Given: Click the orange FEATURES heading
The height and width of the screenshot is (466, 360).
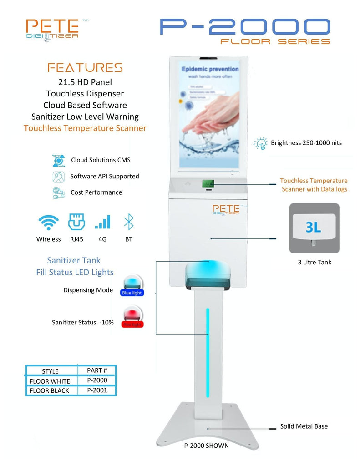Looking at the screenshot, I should click(85, 68).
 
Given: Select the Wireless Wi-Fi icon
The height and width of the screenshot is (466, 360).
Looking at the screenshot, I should click(48, 223).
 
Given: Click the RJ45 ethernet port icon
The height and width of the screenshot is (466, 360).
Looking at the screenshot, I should click(76, 222).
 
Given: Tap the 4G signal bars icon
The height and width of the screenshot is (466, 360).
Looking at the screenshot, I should click(102, 223).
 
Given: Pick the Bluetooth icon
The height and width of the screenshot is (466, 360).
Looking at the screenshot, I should click(129, 222).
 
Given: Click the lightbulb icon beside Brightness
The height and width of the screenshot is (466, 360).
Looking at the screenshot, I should click(260, 143).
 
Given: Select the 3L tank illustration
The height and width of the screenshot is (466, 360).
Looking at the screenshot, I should click(314, 228).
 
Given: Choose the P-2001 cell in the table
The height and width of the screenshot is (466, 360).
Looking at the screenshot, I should click(97, 390).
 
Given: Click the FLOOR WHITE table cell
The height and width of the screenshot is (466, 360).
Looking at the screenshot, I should click(50, 381).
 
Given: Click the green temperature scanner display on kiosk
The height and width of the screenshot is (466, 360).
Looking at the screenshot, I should click(208, 184).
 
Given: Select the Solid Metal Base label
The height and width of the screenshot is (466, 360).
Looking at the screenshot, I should click(304, 426).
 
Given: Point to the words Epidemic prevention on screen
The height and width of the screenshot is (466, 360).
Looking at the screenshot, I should click(210, 69).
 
